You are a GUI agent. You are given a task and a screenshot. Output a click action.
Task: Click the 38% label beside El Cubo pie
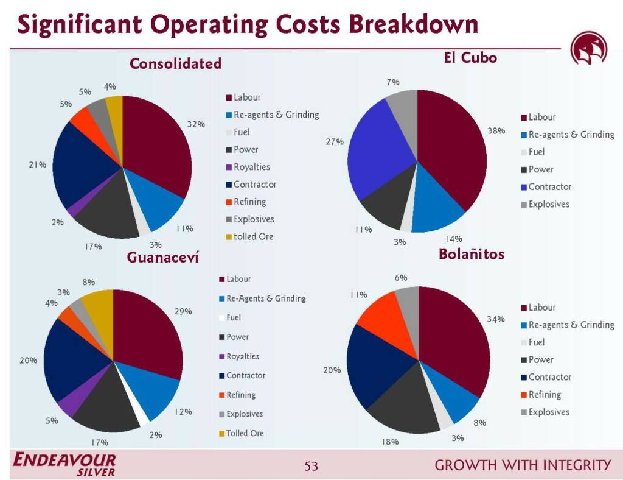click(496, 131)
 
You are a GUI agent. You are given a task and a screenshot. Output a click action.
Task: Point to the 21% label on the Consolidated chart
click(37, 164)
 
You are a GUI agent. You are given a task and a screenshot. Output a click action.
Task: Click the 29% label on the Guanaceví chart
click(183, 311)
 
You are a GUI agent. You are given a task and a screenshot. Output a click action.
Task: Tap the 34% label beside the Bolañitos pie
click(496, 319)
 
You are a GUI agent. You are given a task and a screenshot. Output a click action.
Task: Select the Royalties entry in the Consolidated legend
click(248, 167)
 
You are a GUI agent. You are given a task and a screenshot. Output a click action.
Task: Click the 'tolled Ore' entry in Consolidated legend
click(249, 236)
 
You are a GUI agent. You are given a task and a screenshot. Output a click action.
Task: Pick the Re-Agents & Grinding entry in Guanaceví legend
click(262, 298)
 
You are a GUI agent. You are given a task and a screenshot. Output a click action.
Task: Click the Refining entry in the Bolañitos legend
click(540, 395)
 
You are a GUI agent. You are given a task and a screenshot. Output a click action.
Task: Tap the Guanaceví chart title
click(162, 257)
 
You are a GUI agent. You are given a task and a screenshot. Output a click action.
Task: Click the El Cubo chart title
click(470, 58)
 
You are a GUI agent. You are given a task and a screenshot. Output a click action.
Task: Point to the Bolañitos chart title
click(472, 254)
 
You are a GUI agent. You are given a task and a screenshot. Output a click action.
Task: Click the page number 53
click(311, 465)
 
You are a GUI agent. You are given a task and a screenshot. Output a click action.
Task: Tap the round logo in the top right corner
click(589, 49)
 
